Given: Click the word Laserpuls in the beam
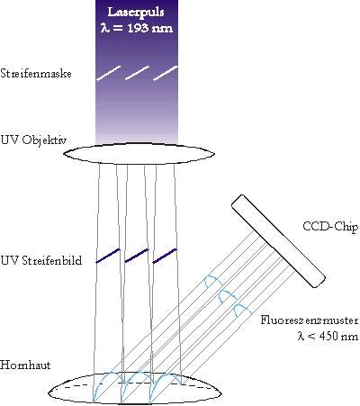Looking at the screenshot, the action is pos(136,13).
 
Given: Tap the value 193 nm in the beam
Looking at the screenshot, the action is pos(150,28).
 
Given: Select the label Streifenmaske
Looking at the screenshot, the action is pos(36,74).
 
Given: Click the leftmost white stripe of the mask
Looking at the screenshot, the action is pos(108,73).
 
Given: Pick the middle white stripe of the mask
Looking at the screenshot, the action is pos(137,73).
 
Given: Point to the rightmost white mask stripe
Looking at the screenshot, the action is pos(166,73).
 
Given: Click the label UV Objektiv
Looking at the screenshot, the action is pos(33,140).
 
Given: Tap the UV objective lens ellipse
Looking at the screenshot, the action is pos(139,146).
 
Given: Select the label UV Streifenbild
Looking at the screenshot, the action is pos(41,260).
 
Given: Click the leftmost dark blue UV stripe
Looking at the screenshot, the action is pos(108,256).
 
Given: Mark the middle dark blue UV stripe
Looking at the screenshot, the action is pos(137,256).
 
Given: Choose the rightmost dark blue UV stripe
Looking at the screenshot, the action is pos(165,256).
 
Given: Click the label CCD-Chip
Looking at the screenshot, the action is pos(330,226).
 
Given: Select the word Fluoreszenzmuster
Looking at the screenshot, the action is pos(310,320).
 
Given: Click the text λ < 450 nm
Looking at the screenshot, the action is pos(328,336).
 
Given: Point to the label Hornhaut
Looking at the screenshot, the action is pos(25,365).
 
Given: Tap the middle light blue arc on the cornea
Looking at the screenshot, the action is pos(137,374).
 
